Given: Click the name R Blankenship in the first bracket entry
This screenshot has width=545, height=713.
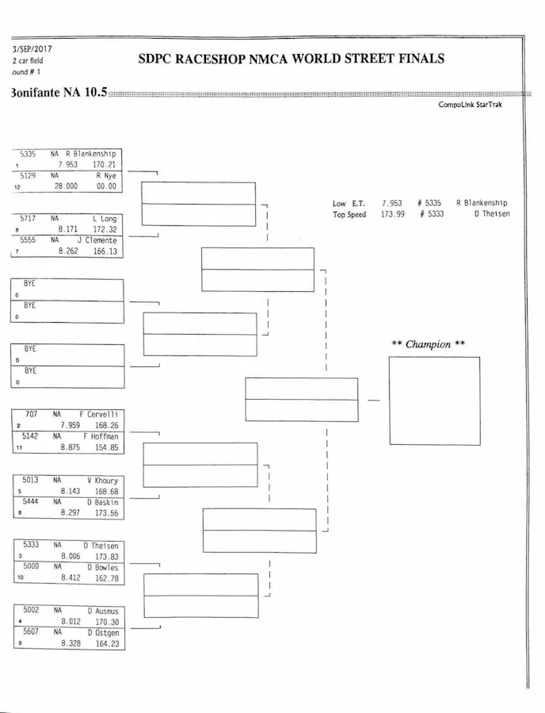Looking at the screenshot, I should [x=90, y=154].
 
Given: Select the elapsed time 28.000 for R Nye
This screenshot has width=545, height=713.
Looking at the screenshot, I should [x=66, y=186].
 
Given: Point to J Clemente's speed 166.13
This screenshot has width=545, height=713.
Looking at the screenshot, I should [x=105, y=251].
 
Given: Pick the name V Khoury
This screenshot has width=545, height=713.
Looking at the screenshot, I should [x=102, y=480].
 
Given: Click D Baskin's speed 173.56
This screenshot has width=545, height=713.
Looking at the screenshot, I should [x=106, y=513].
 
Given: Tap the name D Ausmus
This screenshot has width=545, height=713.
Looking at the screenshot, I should [x=102, y=611].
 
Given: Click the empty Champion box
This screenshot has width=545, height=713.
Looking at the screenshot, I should [x=434, y=401].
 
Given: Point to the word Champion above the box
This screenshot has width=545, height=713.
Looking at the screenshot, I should [x=429, y=344].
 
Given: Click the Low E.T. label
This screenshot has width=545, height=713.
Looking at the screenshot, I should [x=349, y=203].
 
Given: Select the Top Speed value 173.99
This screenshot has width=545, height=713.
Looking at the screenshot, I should [x=393, y=214].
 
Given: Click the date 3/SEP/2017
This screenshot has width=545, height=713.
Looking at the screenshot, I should [x=28, y=49].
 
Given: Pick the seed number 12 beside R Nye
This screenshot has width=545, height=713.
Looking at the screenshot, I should [x=17, y=187].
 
